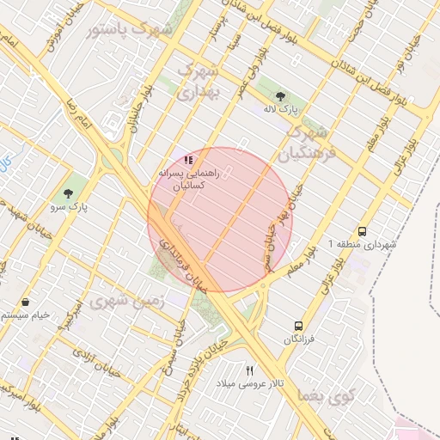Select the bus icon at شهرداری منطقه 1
pos(362,231)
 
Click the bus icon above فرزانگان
pos(298,326)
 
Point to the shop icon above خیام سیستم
pos(27,302)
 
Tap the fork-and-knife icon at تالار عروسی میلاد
pos(249,370)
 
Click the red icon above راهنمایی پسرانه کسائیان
pos(188,159)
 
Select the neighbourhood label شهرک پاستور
pos(130,30)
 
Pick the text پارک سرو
pos(82,206)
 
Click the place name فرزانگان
pos(300,339)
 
